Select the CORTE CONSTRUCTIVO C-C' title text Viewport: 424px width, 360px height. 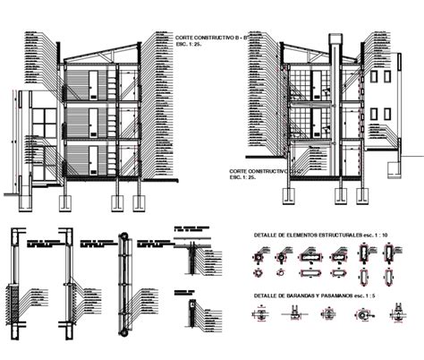click(x=259, y=169)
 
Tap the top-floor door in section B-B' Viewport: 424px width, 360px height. click(x=91, y=84)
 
